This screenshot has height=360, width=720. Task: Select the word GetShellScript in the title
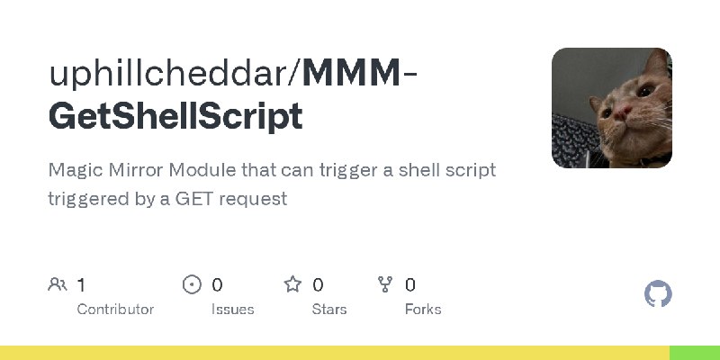(x=175, y=117)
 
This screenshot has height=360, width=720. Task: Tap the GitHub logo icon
(x=659, y=294)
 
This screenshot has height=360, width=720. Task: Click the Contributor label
(x=115, y=309)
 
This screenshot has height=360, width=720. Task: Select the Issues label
(x=232, y=309)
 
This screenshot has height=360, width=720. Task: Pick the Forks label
(x=423, y=309)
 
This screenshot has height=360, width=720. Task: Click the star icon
(x=292, y=284)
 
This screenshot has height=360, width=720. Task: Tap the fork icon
(x=386, y=284)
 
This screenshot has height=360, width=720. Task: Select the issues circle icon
(x=192, y=284)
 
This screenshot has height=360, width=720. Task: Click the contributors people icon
(x=57, y=284)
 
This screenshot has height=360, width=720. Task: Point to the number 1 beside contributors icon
(x=81, y=284)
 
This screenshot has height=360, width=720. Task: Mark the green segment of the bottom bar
(x=694, y=352)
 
